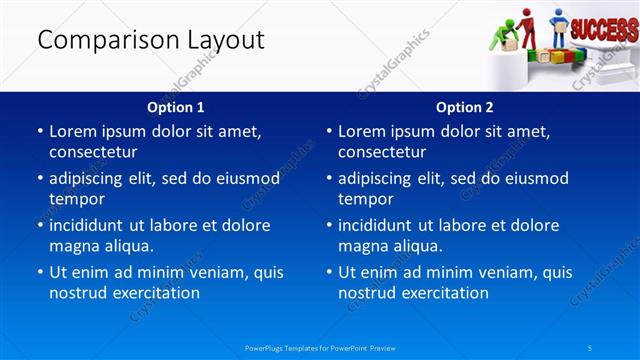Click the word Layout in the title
tap(226, 40)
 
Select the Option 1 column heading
tap(176, 107)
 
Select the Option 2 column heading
tap(465, 107)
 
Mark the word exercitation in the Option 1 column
tap(155, 293)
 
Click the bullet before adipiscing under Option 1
tap(39, 179)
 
